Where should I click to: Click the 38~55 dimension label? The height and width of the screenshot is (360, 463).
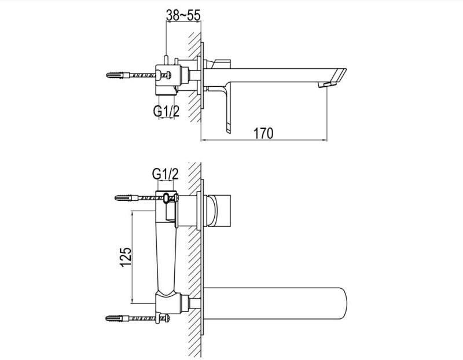click(x=183, y=16)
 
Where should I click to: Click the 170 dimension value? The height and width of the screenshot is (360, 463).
click(x=262, y=133)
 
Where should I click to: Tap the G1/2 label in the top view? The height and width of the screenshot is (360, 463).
click(x=166, y=111)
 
